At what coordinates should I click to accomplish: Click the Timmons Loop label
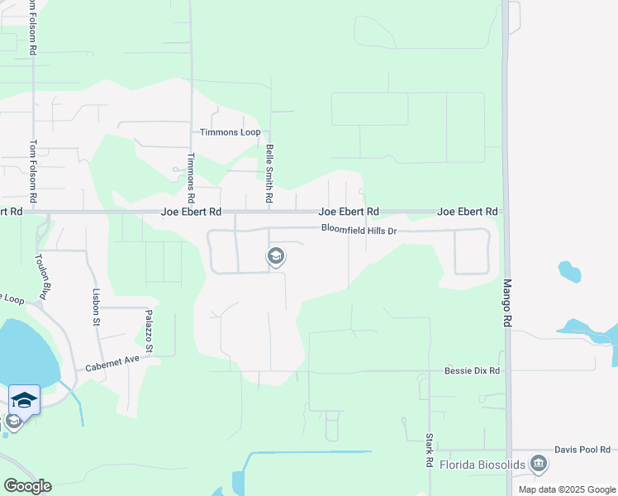[230, 132]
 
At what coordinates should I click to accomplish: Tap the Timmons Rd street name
[190, 179]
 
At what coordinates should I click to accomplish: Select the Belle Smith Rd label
[269, 174]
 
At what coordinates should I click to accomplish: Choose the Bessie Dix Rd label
[472, 371]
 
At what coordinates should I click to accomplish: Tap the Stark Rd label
[430, 451]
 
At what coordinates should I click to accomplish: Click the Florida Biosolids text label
[482, 465]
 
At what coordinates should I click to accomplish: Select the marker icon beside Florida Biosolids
[540, 465]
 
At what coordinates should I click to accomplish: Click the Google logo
[27, 486]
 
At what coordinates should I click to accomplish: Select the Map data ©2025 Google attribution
[566, 489]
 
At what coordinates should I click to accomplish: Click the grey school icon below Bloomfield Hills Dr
[275, 257]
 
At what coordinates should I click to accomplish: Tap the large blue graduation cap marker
[25, 400]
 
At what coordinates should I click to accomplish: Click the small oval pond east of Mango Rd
[568, 270]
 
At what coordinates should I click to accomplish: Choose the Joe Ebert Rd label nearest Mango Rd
[467, 212]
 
